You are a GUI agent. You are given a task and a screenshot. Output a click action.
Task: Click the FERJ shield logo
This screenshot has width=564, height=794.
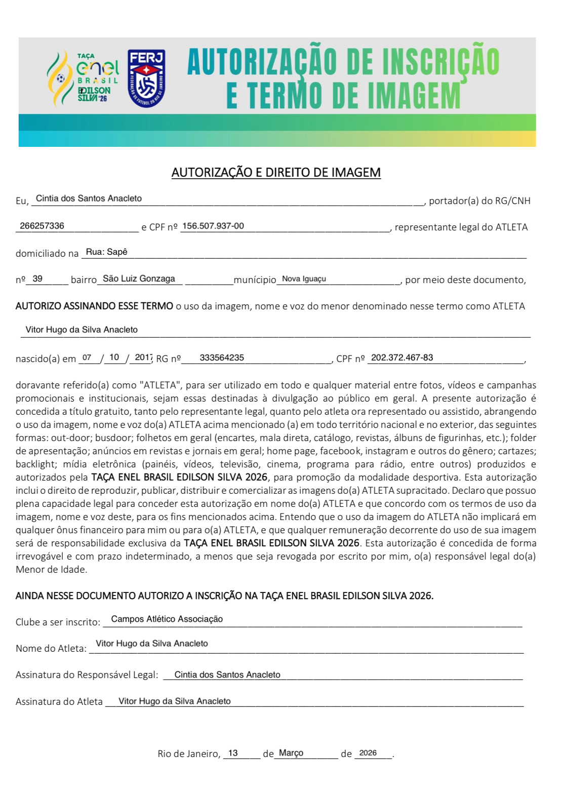146,78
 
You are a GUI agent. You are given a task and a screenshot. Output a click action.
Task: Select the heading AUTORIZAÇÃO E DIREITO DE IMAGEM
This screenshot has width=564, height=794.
276,173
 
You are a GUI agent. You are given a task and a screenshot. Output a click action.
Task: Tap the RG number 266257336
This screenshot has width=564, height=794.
42,226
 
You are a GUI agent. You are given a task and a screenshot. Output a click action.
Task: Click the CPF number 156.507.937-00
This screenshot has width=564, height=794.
213,226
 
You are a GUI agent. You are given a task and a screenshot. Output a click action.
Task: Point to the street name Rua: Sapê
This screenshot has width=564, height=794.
106,252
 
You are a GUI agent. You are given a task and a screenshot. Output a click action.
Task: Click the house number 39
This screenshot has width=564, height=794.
37,279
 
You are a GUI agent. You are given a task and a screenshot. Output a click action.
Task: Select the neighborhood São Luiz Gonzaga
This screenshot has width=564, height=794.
139,279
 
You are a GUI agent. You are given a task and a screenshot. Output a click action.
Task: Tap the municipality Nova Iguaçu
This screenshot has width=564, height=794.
304,279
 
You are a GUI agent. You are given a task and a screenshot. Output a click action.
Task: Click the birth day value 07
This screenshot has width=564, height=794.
87,358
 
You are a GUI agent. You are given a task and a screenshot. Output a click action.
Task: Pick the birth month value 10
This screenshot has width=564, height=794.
114,358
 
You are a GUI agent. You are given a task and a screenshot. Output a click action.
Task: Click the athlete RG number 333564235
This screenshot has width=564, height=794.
222,358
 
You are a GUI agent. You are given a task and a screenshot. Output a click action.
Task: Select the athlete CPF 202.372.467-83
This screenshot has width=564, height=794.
402,358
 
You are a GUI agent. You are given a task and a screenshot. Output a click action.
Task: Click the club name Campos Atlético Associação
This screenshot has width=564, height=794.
167,619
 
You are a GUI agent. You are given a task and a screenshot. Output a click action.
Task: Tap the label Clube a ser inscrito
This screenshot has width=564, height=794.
58,622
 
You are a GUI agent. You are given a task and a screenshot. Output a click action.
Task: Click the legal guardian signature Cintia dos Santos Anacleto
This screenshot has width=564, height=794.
227,674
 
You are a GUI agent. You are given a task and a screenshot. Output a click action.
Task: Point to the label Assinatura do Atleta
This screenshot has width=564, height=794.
59,701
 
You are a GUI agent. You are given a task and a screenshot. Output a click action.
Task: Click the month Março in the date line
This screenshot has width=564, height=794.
291,753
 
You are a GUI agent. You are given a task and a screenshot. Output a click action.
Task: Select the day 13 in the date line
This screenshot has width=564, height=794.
233,753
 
